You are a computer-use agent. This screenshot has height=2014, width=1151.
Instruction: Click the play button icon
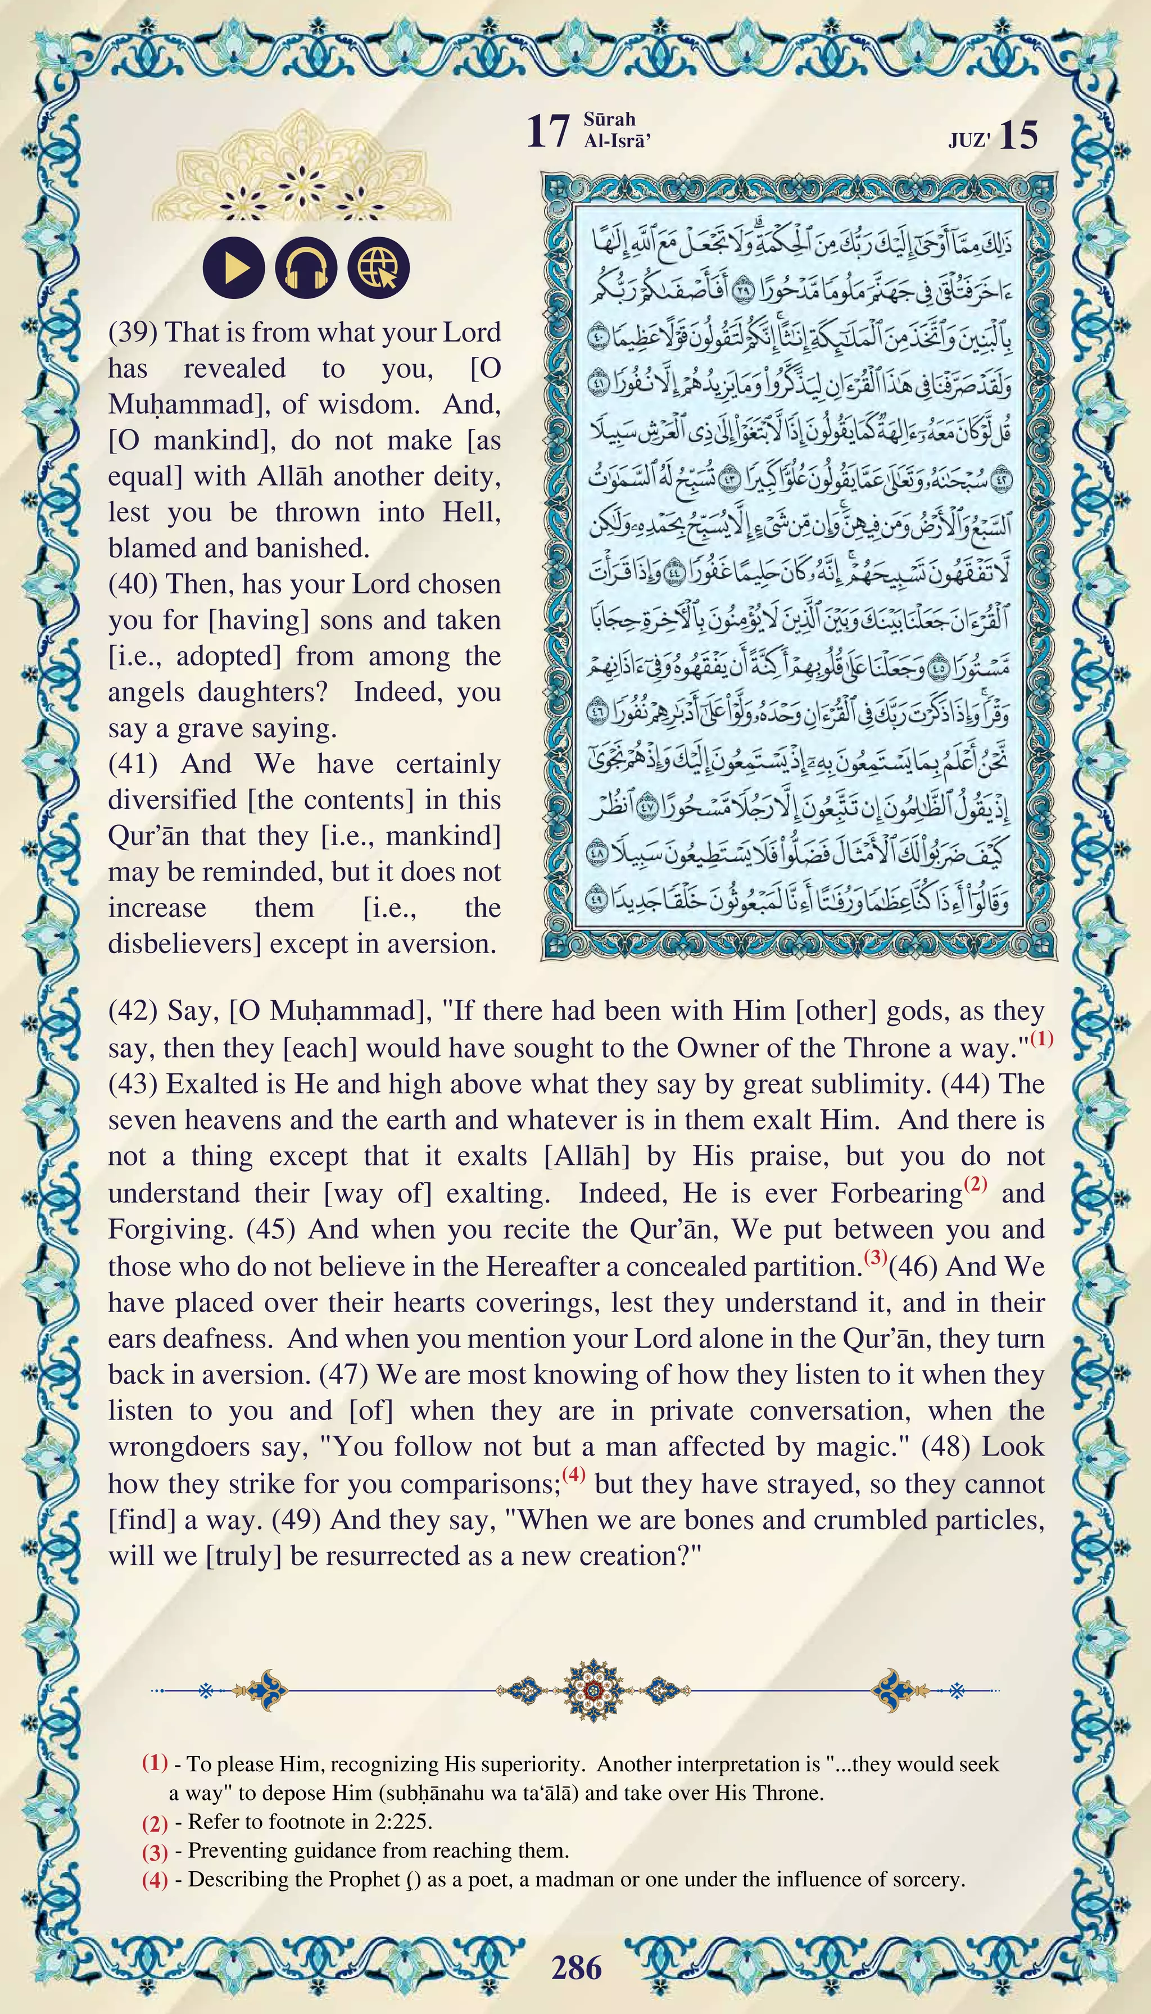pyautogui.click(x=233, y=267)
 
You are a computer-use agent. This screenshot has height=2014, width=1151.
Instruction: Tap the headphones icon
pyautogui.click(x=306, y=267)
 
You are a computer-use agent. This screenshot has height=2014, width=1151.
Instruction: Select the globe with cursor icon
pyautogui.click(x=379, y=267)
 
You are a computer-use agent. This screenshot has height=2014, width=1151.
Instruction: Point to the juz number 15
pyautogui.click(x=1018, y=136)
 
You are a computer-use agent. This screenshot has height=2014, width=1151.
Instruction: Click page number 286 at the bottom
pyautogui.click(x=576, y=1967)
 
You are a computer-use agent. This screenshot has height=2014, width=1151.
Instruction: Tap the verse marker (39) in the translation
pyautogui.click(x=132, y=332)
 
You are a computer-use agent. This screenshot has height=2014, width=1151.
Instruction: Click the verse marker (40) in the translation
pyautogui.click(x=132, y=584)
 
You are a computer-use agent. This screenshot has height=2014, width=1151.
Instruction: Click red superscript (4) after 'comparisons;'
pyautogui.click(x=574, y=1474)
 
